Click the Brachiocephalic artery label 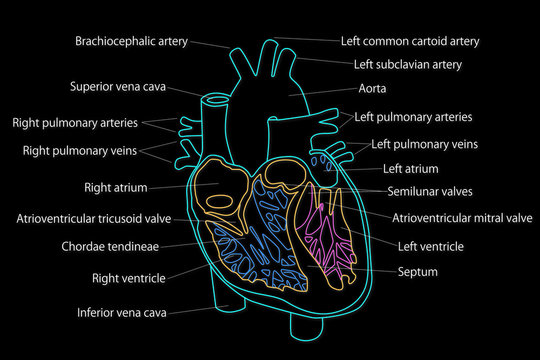pyautogui.click(x=132, y=42)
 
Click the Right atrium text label pyautogui.click(x=115, y=187)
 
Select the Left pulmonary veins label pyautogui.click(x=424, y=145)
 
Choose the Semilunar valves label pyautogui.click(x=430, y=191)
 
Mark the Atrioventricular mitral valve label pyautogui.click(x=462, y=218)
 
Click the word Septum pyautogui.click(x=417, y=271)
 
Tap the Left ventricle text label pyautogui.click(x=431, y=245)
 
